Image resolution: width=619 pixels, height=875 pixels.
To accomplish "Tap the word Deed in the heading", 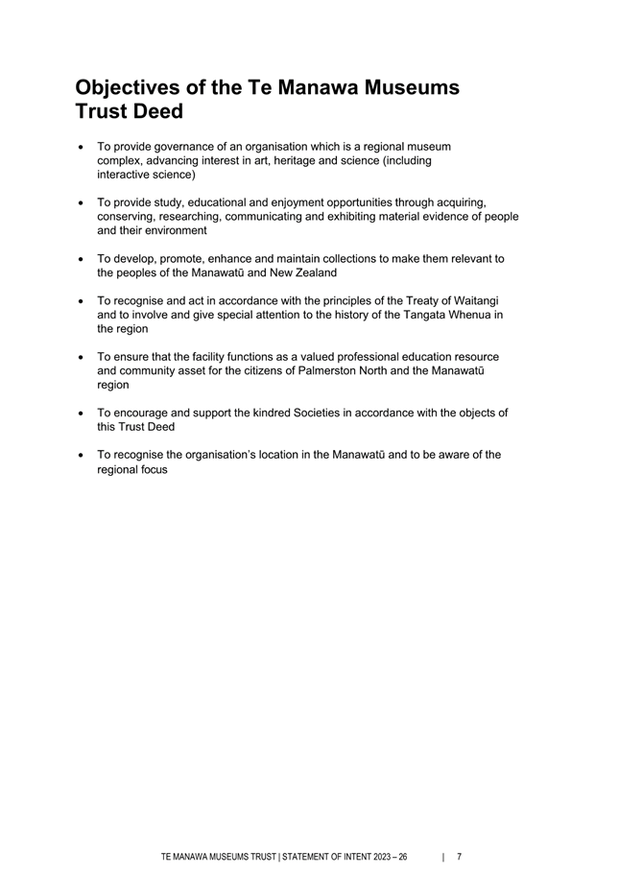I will pos(155,111).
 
